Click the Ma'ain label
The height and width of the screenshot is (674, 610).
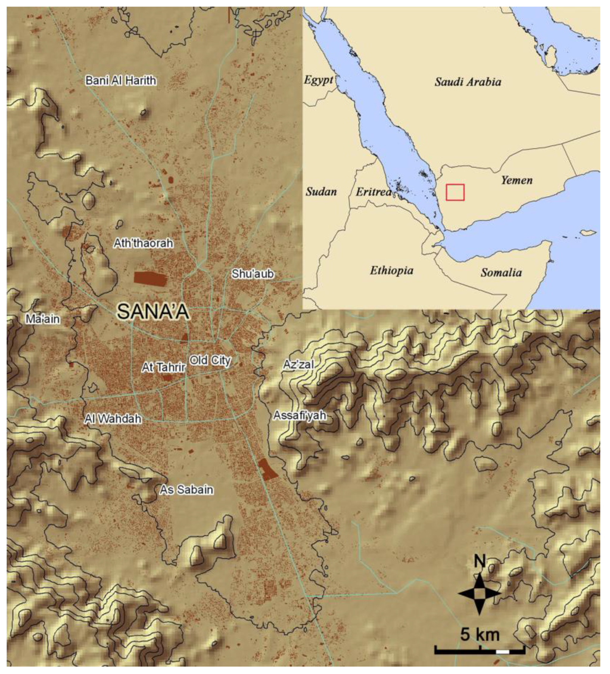(x=43, y=319)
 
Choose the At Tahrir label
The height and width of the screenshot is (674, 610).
(x=164, y=368)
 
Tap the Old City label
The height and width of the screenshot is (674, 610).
(x=210, y=360)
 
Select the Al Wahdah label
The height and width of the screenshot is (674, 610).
(x=113, y=419)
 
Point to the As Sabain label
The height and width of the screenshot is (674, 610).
(x=187, y=490)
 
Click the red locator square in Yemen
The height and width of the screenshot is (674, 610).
(x=455, y=192)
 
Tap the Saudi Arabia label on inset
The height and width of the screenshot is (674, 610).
(x=467, y=82)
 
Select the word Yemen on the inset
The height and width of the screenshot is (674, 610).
(x=516, y=179)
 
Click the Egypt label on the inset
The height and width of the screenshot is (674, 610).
(x=318, y=80)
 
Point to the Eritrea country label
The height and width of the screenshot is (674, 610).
(x=374, y=192)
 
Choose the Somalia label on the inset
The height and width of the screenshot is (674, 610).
(x=502, y=274)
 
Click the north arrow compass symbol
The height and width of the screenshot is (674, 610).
(x=479, y=592)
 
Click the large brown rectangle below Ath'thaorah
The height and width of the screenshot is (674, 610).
(x=151, y=277)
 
